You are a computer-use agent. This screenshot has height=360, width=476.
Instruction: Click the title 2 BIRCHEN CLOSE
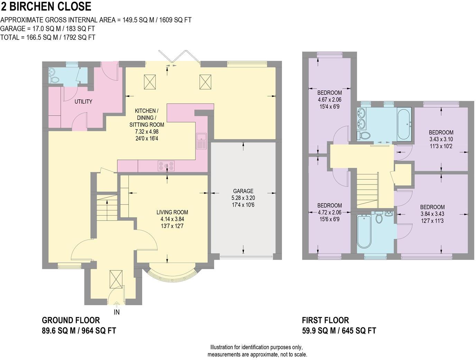46,7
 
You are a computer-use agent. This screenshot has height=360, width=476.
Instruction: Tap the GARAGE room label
243,191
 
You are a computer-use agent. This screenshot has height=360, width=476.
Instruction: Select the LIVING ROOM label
172,212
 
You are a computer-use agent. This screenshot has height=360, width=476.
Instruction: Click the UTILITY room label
83,101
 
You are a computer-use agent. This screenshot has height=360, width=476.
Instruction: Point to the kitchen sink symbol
201,141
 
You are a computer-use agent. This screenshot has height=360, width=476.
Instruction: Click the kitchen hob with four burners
166,166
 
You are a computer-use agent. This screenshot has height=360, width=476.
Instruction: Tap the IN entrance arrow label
117,312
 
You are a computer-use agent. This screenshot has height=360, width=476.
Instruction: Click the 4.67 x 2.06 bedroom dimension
329,100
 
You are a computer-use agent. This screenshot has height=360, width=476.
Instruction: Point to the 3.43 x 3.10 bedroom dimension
441,139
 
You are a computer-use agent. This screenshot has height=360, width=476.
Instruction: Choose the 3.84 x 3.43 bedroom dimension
432,214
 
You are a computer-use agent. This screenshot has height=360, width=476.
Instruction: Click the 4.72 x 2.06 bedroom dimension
329,212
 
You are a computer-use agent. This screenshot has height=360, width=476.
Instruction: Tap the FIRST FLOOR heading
325,320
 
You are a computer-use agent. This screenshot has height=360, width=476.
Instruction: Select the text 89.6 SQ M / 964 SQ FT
79,331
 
